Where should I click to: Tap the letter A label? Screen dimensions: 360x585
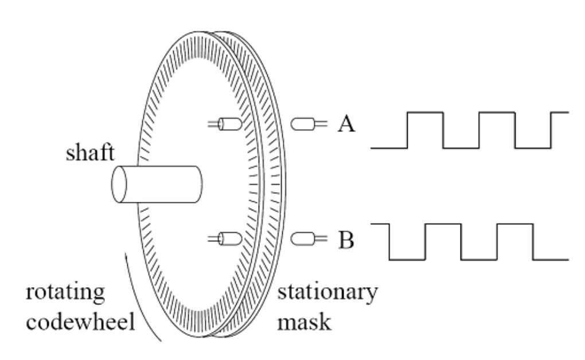(347, 124)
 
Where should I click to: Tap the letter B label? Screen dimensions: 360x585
(346, 240)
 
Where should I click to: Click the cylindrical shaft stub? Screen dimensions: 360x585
(158, 184)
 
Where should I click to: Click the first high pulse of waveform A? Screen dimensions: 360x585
(425, 113)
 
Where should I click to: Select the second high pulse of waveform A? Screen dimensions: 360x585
(497, 113)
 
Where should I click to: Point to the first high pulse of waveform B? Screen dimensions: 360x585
(442, 224)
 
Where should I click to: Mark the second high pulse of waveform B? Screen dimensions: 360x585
(514, 224)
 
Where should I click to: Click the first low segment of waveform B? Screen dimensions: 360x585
(407, 259)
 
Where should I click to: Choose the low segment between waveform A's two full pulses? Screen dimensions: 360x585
(461, 147)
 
